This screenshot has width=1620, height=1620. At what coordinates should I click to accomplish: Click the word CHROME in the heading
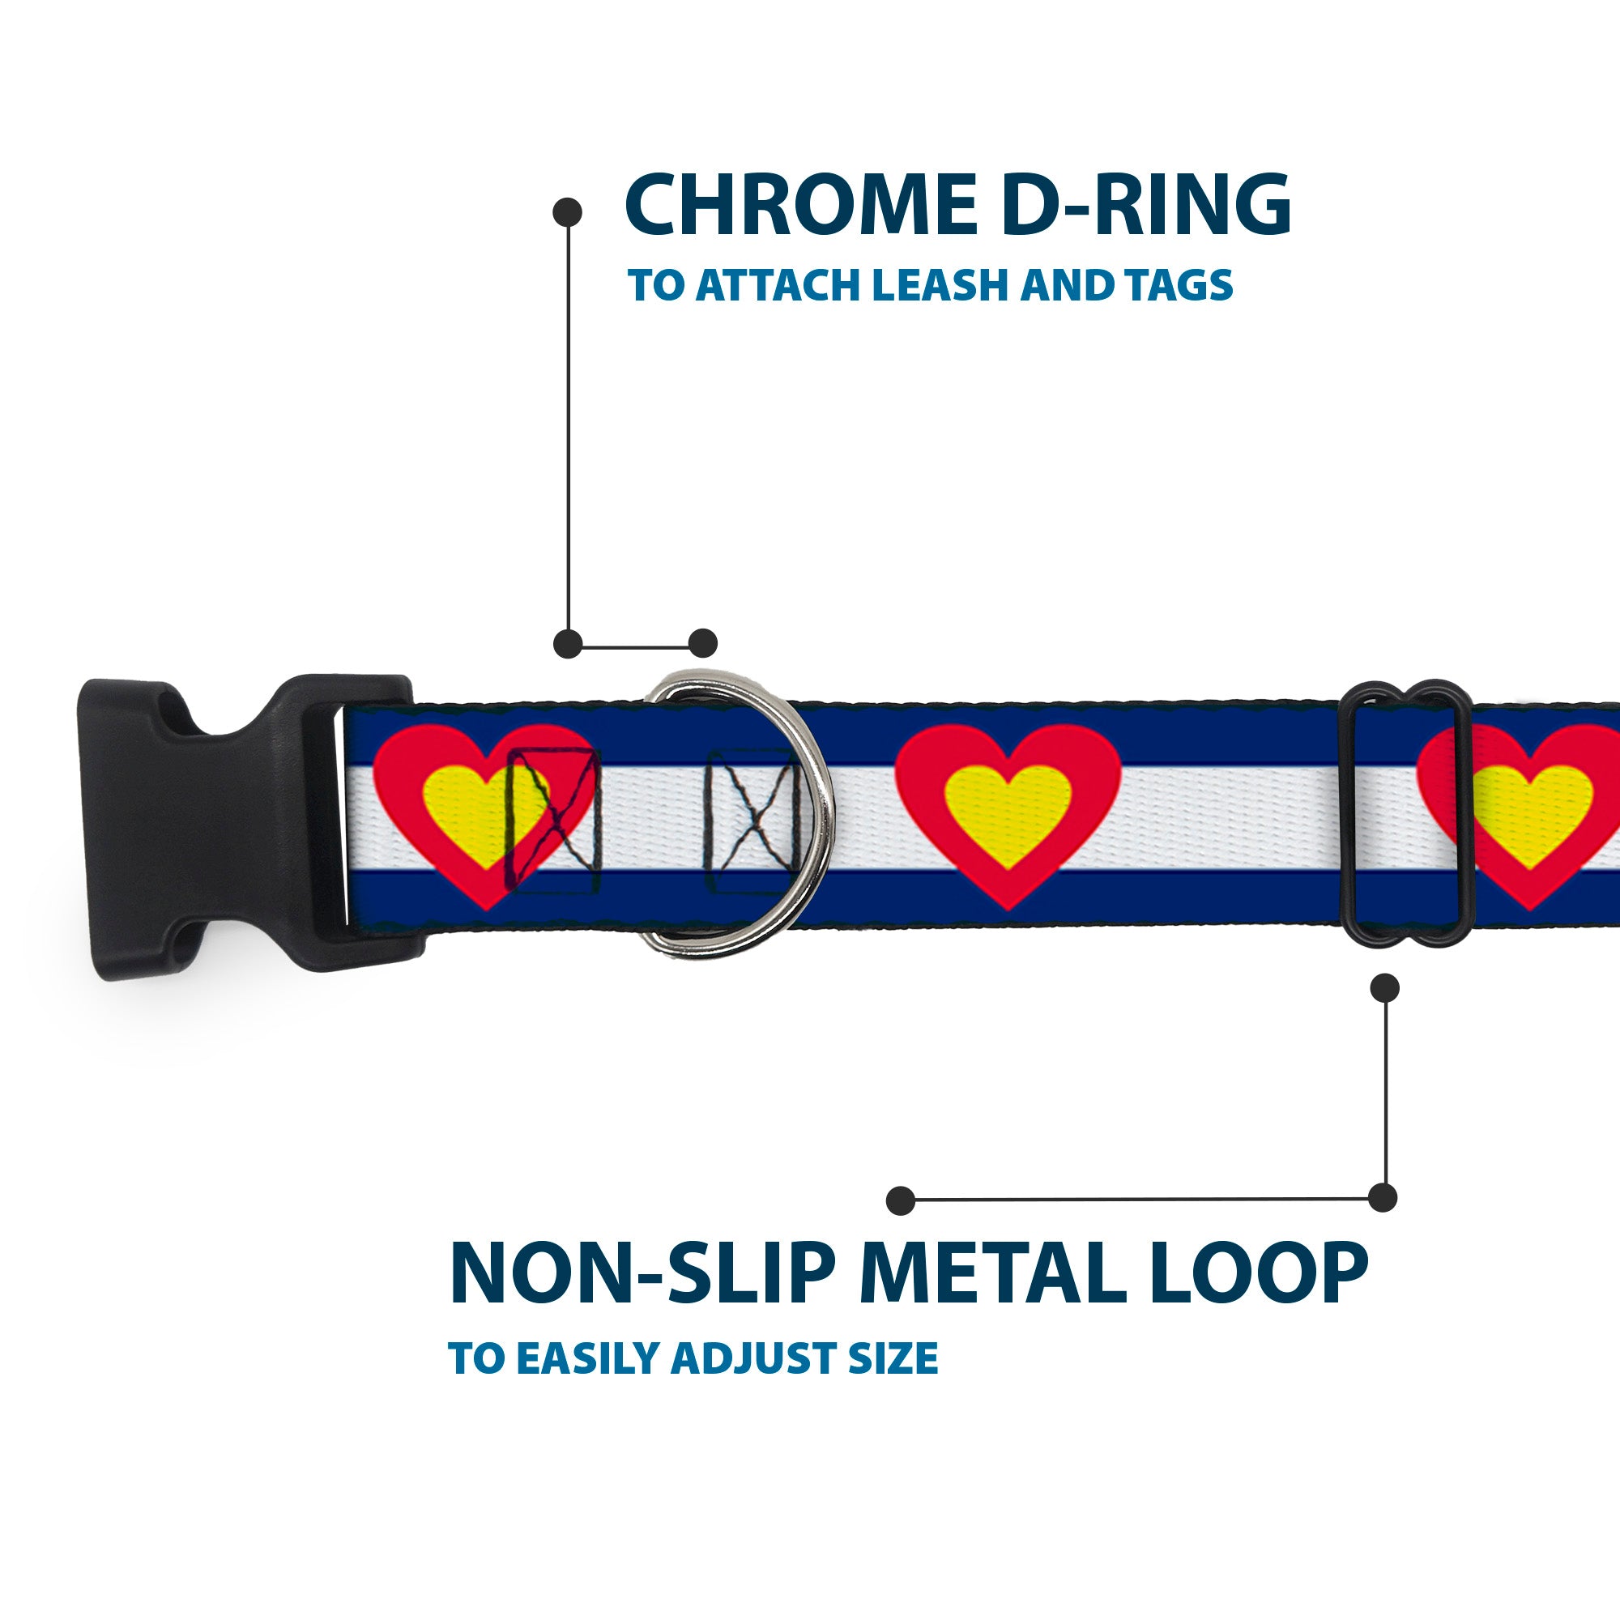click(801, 207)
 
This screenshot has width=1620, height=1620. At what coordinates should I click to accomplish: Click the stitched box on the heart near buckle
click(553, 819)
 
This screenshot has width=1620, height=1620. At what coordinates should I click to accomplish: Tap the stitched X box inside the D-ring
click(748, 820)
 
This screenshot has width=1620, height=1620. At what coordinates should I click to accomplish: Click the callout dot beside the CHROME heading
click(568, 212)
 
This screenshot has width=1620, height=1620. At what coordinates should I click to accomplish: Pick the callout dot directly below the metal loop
click(1384, 987)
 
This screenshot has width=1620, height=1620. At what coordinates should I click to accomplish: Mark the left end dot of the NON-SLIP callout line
click(901, 1200)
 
